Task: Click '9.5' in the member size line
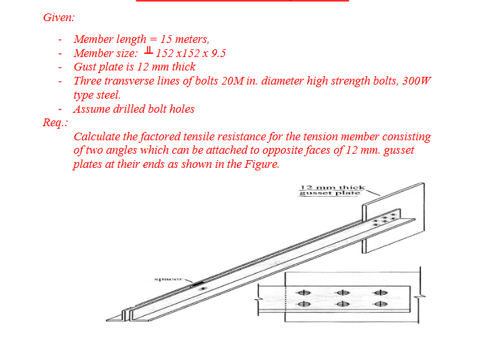point(218,53)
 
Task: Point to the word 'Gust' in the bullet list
point(86,67)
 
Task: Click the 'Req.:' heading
point(56,122)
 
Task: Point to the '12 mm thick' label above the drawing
point(332,188)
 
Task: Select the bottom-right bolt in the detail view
point(381,304)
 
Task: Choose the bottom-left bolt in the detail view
point(305,304)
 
